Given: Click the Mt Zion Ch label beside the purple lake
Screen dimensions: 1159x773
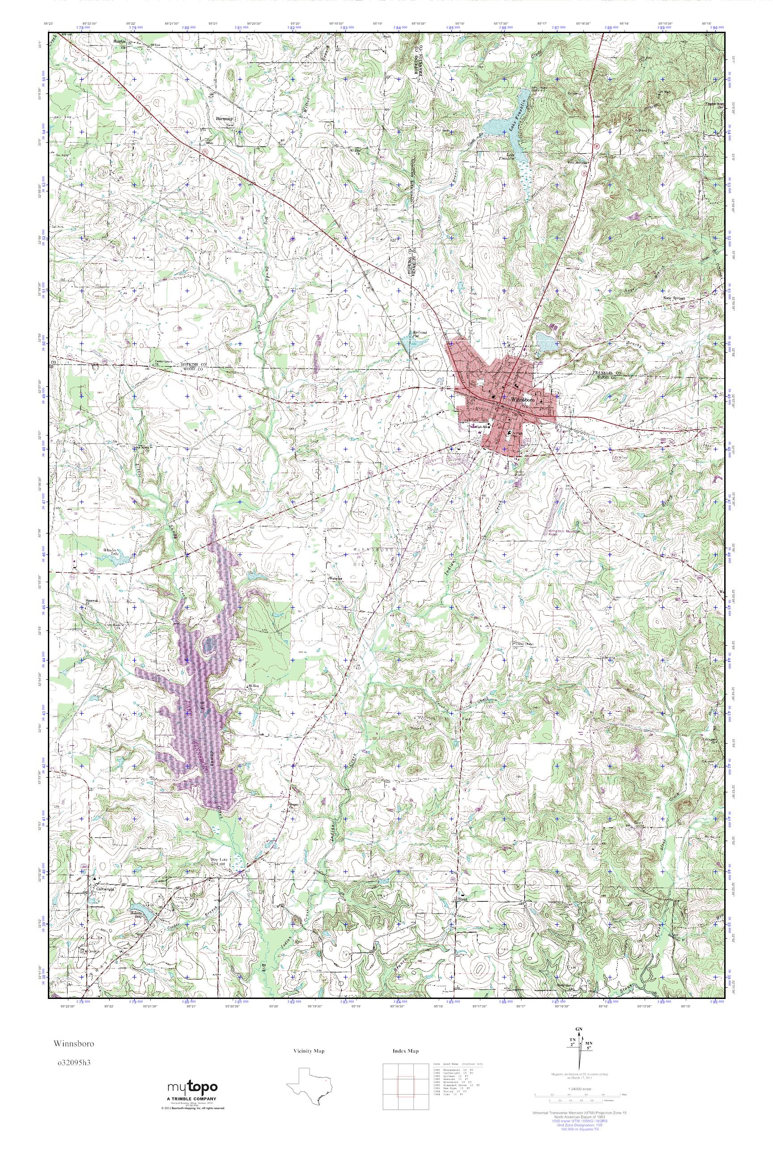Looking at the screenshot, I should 253,686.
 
